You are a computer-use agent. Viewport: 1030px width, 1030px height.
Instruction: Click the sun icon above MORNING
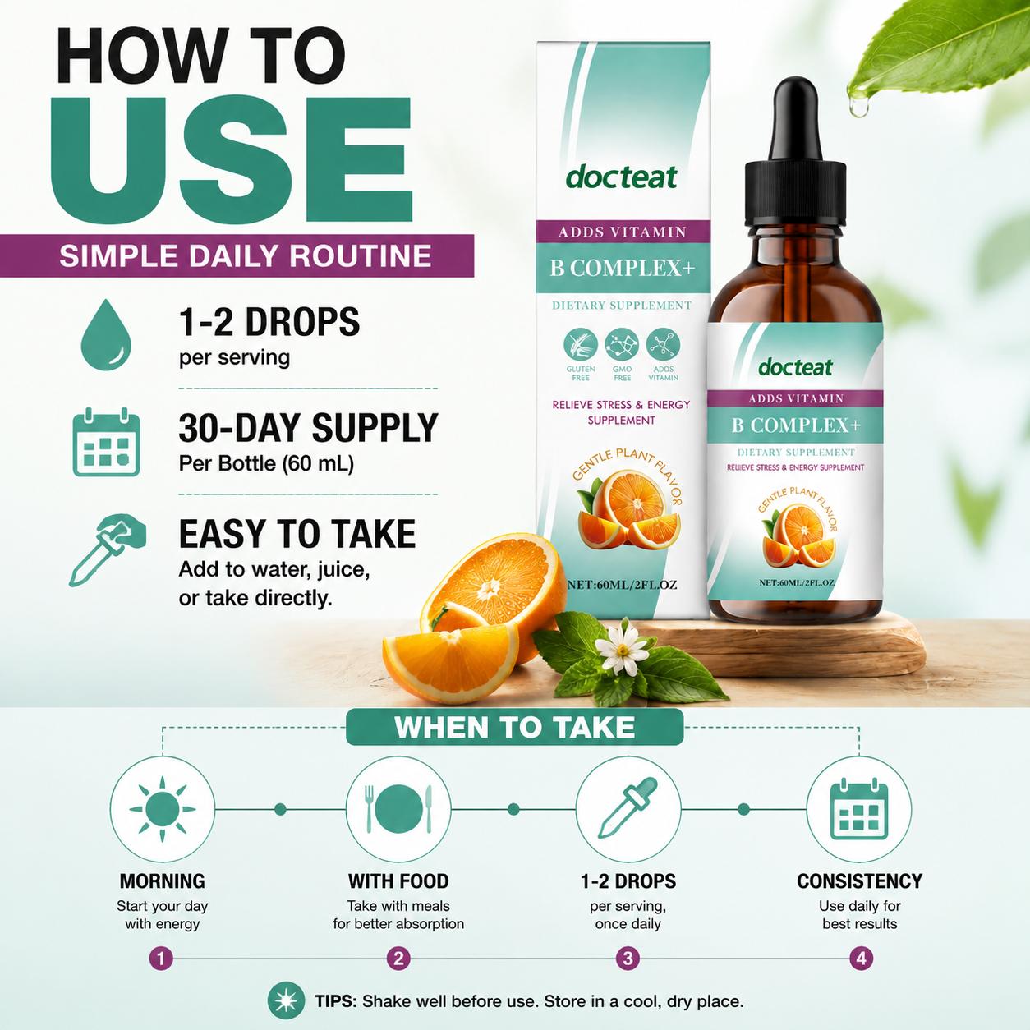click(162, 809)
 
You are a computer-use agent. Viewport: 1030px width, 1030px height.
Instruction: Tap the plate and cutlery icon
click(398, 809)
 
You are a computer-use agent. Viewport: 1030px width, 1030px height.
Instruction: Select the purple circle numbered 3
click(628, 959)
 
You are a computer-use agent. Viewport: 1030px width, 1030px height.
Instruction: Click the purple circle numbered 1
click(162, 959)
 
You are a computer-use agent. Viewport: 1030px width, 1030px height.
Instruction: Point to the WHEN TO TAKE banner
click(515, 727)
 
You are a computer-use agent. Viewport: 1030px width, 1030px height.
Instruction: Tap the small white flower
click(622, 649)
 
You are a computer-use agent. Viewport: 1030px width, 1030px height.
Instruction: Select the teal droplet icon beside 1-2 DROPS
click(106, 335)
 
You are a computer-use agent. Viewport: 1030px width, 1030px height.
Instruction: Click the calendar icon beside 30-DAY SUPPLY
click(106, 442)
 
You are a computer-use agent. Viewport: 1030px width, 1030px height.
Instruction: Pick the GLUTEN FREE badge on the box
click(581, 355)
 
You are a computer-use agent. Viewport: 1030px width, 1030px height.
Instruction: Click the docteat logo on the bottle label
click(795, 367)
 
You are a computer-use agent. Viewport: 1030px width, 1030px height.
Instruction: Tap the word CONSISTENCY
click(859, 881)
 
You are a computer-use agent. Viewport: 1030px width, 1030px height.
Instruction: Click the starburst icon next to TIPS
click(287, 1000)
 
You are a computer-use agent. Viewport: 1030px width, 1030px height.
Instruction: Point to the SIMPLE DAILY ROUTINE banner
click(237, 255)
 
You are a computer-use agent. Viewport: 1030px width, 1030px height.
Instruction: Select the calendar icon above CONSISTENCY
click(859, 809)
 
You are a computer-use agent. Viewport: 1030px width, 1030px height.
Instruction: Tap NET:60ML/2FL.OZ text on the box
click(622, 585)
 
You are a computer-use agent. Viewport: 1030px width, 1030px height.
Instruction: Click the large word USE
click(231, 159)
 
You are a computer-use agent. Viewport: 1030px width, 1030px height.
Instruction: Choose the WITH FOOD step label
click(398, 881)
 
